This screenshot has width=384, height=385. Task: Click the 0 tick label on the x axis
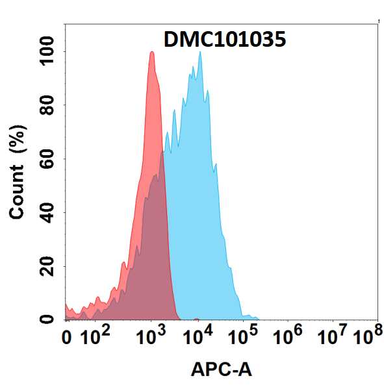66,338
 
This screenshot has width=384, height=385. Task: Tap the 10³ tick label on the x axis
151,337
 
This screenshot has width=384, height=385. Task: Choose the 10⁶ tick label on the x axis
289,337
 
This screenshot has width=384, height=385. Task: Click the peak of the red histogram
151,53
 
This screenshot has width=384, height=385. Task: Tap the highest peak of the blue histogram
200,52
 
